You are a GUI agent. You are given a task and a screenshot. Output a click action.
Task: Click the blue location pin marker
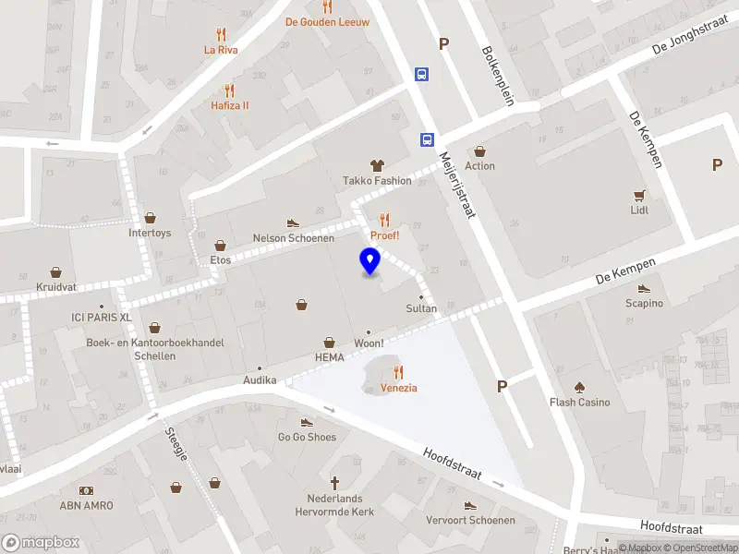(369, 261)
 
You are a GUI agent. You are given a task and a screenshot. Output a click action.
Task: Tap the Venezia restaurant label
(399, 388)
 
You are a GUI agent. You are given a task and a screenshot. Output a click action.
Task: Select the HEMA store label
(329, 357)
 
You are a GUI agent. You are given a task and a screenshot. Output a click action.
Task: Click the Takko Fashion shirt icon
(377, 165)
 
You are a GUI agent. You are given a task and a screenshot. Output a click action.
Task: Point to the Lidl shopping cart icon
(639, 195)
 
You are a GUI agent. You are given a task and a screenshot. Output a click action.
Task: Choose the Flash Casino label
(580, 402)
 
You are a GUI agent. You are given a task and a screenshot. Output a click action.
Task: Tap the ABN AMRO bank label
(86, 505)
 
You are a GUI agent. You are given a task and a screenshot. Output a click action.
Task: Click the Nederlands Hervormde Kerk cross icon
(334, 483)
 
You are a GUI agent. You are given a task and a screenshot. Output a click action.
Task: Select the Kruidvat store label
(56, 287)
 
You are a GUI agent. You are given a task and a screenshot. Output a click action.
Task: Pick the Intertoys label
(150, 233)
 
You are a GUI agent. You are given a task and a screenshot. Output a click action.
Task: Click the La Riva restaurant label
(222, 50)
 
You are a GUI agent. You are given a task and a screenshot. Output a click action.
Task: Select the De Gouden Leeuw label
(327, 21)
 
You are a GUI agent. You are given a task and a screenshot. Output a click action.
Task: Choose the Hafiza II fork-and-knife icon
(230, 90)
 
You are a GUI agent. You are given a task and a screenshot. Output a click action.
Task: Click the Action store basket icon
(479, 151)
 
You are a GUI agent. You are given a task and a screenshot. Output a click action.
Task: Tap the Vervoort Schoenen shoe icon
(470, 506)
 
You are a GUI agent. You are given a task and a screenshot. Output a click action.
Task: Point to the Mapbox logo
(41, 543)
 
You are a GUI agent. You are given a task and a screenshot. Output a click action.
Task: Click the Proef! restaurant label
(384, 235)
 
